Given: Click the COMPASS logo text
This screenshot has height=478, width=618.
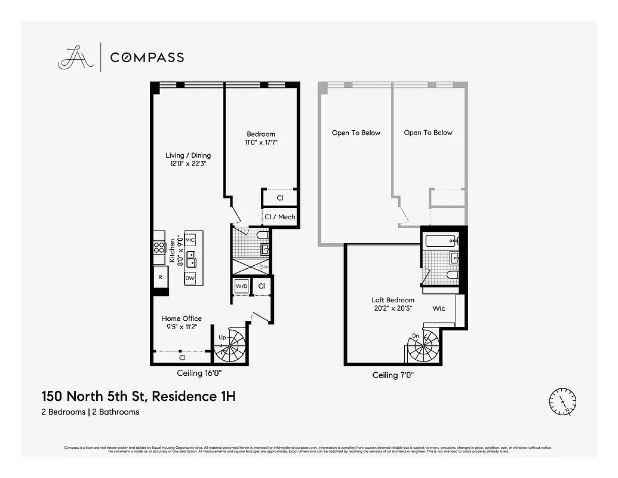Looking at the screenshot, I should (x=147, y=57).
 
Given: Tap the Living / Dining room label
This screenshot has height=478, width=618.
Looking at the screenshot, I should (x=188, y=159).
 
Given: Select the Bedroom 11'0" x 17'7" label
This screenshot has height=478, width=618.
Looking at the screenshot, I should (x=261, y=138).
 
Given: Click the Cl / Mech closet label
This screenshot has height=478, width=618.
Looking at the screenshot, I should (x=279, y=217).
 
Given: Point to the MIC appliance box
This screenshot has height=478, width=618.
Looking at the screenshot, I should (x=190, y=240).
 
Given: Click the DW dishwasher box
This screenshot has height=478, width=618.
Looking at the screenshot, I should (x=190, y=278).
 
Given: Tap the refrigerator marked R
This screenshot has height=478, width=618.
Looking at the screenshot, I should (x=160, y=277).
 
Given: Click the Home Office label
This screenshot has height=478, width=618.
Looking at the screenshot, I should (x=182, y=322).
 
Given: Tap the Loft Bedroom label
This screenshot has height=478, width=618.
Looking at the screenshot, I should (x=392, y=304).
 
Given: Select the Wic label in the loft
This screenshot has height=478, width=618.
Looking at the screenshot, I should (x=439, y=309).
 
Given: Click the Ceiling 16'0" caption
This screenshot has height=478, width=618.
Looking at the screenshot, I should (x=201, y=373).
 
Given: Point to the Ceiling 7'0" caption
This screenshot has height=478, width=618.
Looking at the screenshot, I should (x=393, y=375).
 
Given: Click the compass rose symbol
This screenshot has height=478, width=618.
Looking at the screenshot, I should (x=562, y=402).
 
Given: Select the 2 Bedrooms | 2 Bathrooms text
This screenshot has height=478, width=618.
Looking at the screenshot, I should (x=90, y=412).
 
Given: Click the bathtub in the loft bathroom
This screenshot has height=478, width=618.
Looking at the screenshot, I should (x=441, y=241).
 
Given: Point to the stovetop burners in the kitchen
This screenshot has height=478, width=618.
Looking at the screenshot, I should (x=159, y=246).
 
